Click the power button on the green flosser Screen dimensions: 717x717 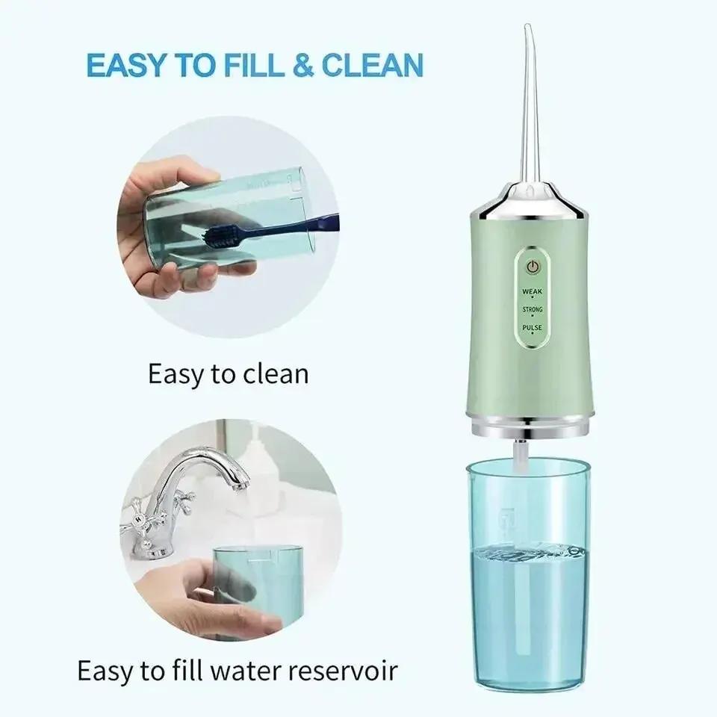point(533,267)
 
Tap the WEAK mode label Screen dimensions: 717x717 point(533,290)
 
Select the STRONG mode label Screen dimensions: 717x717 point(533,309)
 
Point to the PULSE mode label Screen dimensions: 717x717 point(533,327)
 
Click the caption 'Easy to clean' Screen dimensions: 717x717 point(228,373)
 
